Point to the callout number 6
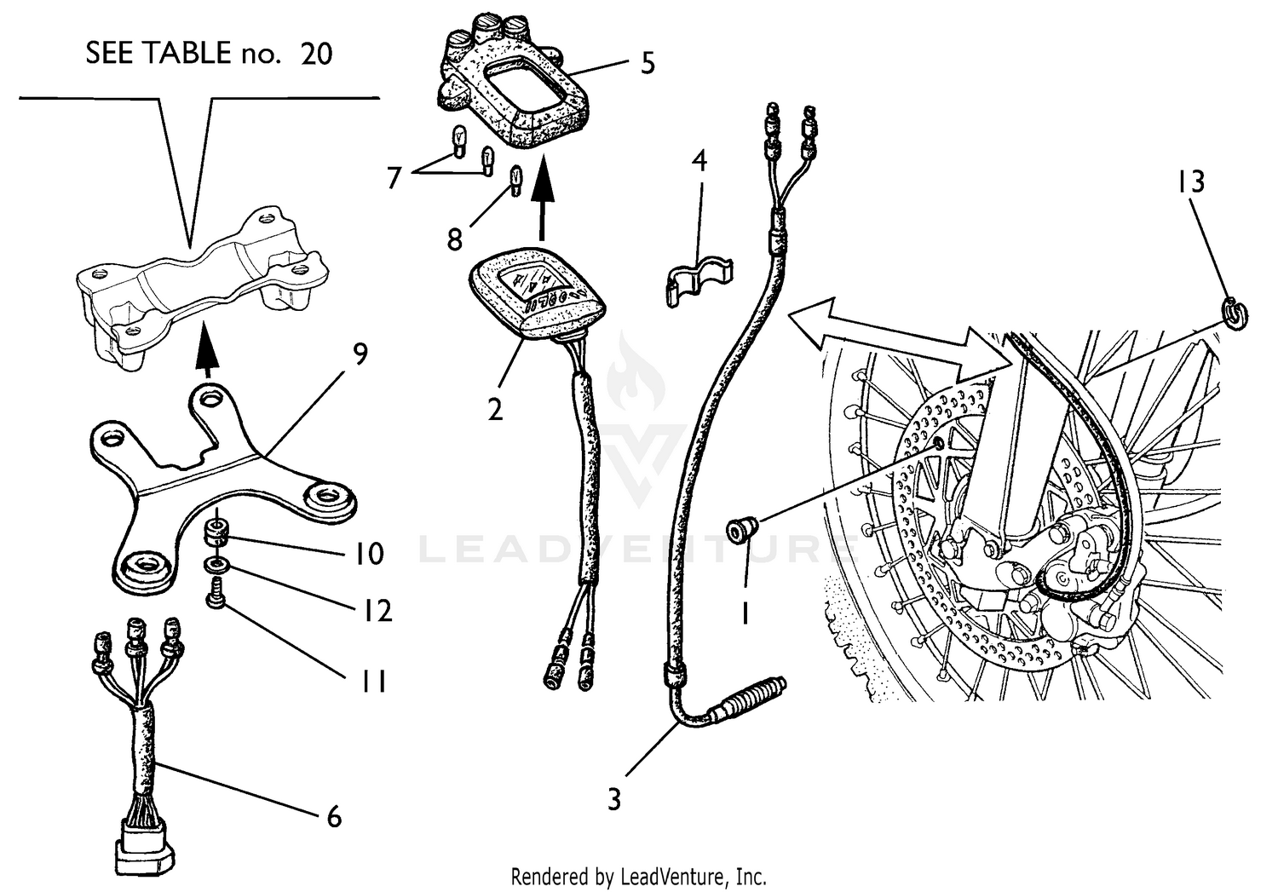pos(334,816)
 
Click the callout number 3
pos(614,799)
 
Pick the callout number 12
pos(376,611)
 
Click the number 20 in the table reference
pos(316,54)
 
